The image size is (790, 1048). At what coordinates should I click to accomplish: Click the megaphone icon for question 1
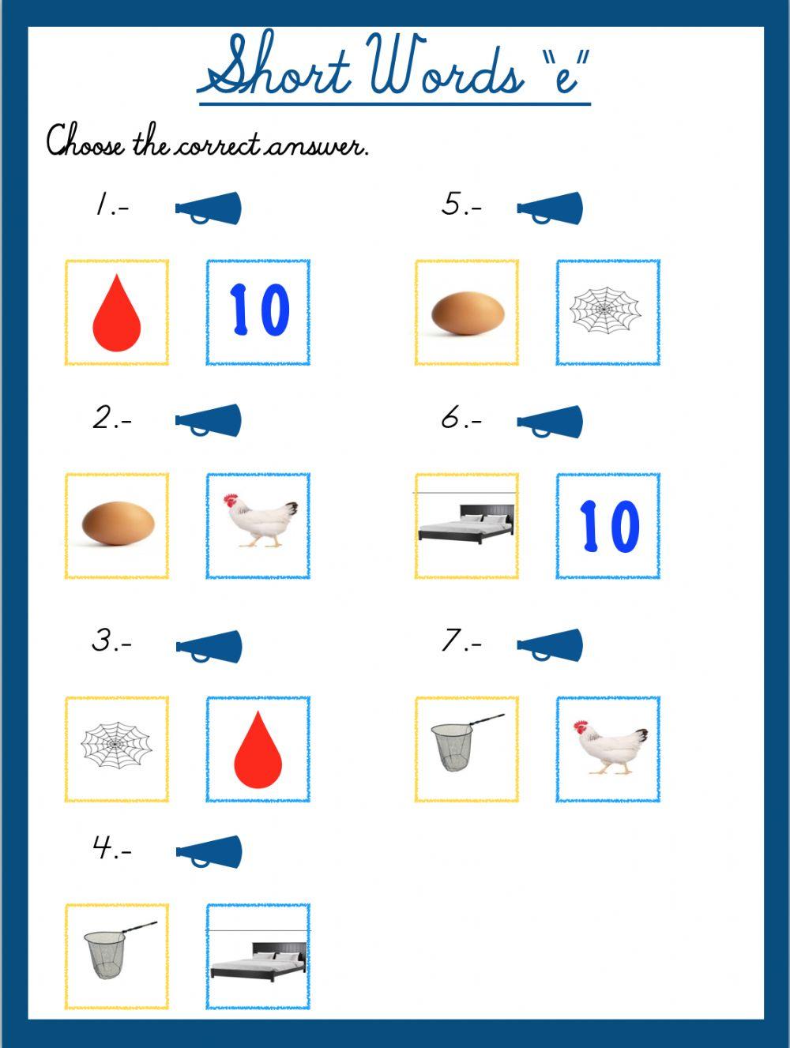(209, 208)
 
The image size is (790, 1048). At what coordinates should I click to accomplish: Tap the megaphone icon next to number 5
(551, 208)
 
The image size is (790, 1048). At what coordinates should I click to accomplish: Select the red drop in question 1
(116, 313)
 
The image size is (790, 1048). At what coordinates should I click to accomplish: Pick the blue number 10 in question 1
(258, 311)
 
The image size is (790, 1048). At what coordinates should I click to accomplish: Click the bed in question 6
(466, 523)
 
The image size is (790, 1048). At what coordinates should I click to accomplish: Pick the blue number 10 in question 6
(608, 525)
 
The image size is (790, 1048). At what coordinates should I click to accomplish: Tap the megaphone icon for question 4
(209, 851)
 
